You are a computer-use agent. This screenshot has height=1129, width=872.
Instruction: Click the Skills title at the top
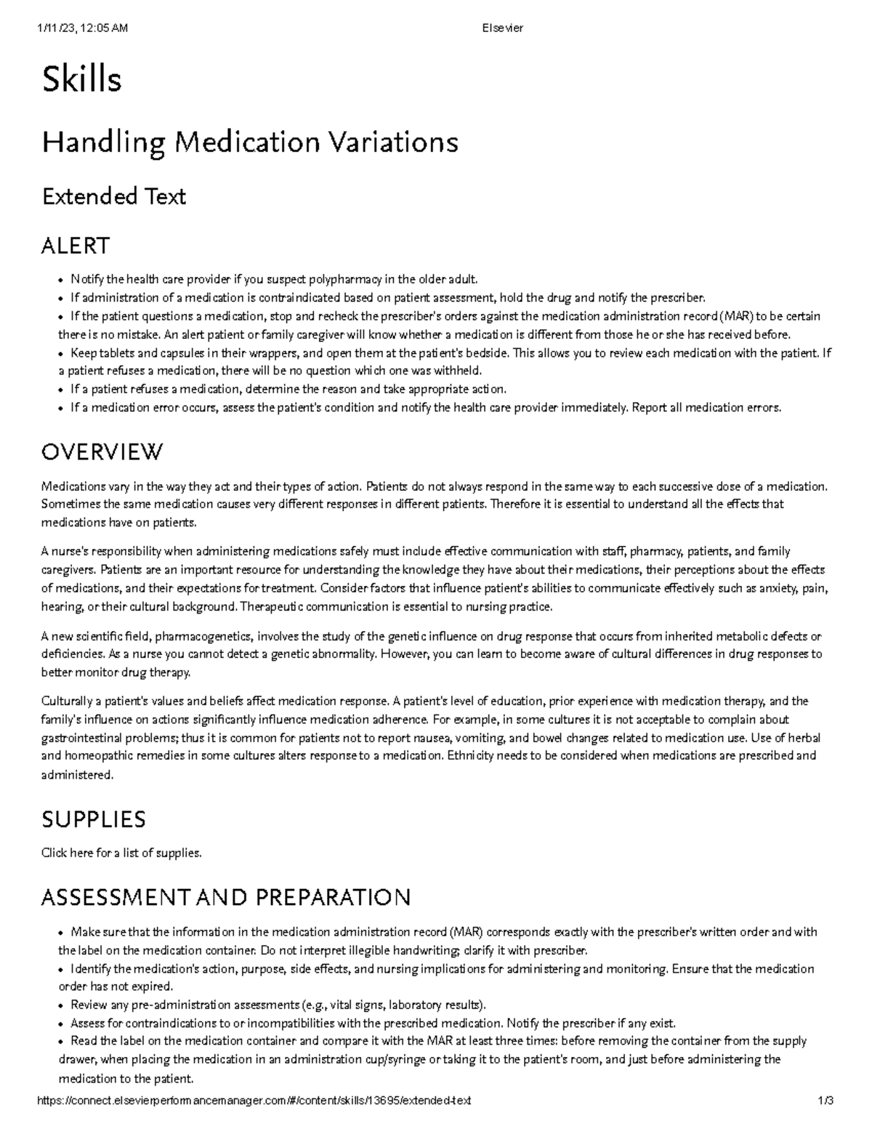tap(81, 80)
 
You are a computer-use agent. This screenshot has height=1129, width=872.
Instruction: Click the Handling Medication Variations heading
tap(249, 142)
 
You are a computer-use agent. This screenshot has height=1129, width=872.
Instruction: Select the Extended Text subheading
tap(114, 196)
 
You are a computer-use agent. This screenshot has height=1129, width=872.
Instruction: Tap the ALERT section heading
tap(76, 246)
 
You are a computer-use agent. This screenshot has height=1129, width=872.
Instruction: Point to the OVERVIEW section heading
tap(102, 452)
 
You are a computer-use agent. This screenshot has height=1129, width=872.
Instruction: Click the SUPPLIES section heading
tap(94, 819)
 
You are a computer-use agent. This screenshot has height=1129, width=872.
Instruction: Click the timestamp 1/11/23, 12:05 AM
tap(81, 28)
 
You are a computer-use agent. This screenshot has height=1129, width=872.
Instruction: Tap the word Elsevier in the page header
tap(502, 28)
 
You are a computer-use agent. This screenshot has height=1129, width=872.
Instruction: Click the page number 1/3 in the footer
tap(825, 1101)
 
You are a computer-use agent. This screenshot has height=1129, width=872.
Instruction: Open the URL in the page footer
tap(254, 1101)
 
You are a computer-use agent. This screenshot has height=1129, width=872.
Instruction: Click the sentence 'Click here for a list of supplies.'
tap(121, 853)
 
